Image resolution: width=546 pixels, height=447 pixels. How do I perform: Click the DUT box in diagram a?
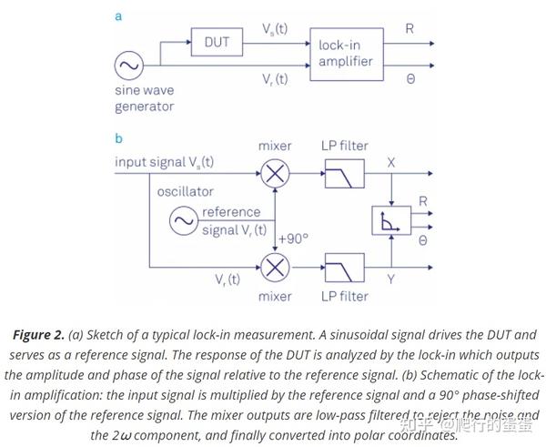[x=216, y=41]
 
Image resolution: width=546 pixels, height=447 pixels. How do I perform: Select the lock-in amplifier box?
[x=345, y=54]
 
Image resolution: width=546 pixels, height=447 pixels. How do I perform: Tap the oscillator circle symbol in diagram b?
[x=185, y=219]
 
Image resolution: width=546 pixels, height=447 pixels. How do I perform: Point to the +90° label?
[x=293, y=239]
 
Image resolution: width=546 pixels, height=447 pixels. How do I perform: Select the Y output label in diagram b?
[x=391, y=279]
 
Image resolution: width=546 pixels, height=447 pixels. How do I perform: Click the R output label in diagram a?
[x=409, y=28]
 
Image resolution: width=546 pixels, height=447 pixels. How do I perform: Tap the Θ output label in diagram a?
[x=410, y=79]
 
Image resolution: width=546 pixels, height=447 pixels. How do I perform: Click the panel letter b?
[x=119, y=138]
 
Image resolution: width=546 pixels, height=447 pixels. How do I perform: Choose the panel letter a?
[x=119, y=15]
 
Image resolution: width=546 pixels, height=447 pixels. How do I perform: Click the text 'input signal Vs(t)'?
[x=164, y=162]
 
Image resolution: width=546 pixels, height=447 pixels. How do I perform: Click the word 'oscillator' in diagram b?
[x=185, y=192]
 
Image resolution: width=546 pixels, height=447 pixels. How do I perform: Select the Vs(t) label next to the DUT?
[x=274, y=29]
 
